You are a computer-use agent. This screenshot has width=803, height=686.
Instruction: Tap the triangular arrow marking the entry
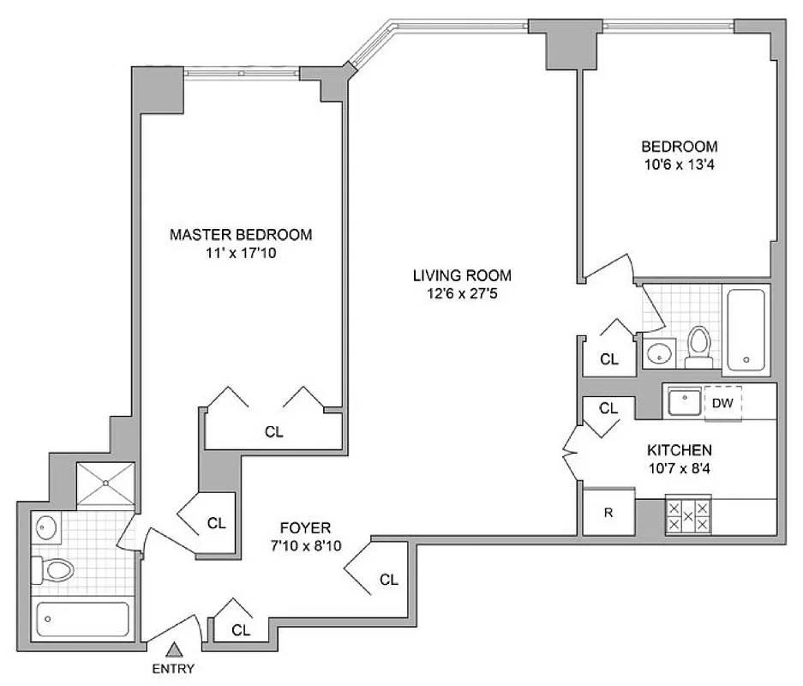tap(175, 650)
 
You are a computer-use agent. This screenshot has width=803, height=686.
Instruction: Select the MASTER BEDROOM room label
tap(240, 234)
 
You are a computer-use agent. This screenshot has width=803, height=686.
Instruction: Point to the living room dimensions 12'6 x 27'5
tap(462, 293)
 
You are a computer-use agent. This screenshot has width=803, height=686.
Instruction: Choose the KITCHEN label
tap(680, 449)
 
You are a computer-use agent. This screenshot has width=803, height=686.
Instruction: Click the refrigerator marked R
tap(608, 513)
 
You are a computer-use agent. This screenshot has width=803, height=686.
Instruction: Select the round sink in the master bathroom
tap(47, 527)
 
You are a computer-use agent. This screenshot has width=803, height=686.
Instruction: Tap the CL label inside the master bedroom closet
tap(273, 432)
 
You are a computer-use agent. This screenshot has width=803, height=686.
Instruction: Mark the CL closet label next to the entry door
tap(241, 630)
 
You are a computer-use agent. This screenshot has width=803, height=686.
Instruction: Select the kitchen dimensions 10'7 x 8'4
tap(680, 467)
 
